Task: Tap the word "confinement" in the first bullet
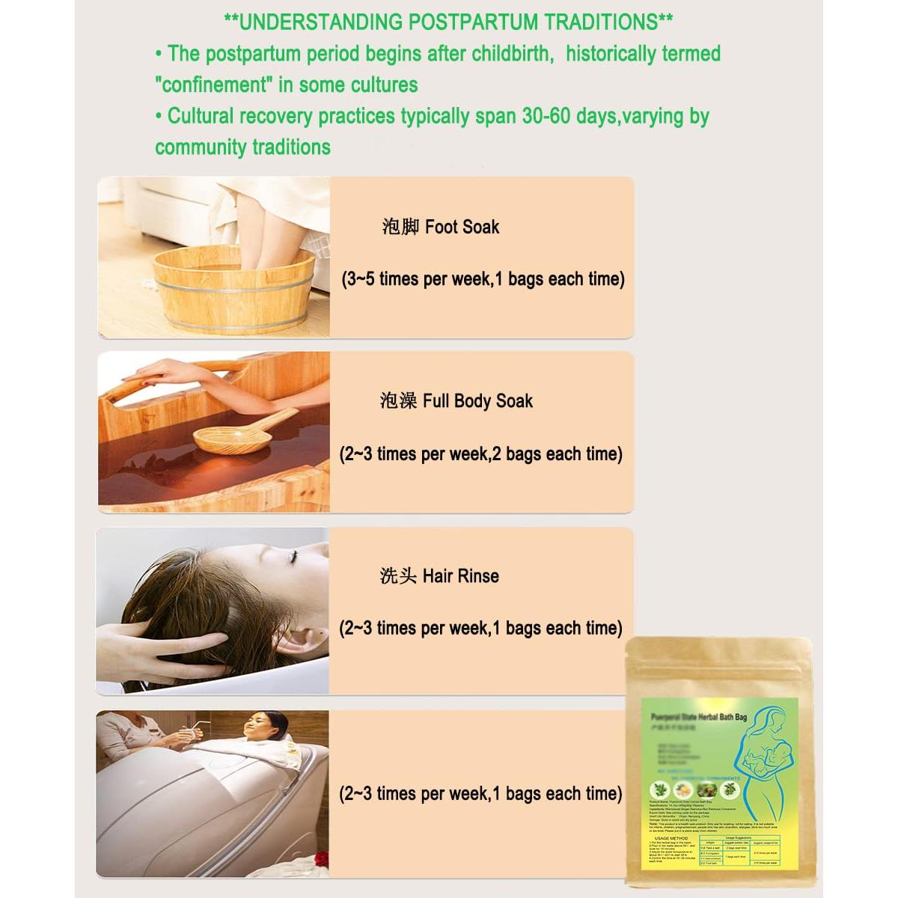coord(213,85)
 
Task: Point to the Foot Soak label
coord(462,227)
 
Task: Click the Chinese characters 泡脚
coord(400,227)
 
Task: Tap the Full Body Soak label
coord(477,401)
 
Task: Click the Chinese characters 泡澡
coord(398,401)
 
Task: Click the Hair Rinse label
coord(460,575)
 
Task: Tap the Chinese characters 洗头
coord(397,575)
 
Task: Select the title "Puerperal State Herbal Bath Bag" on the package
coord(699,717)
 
